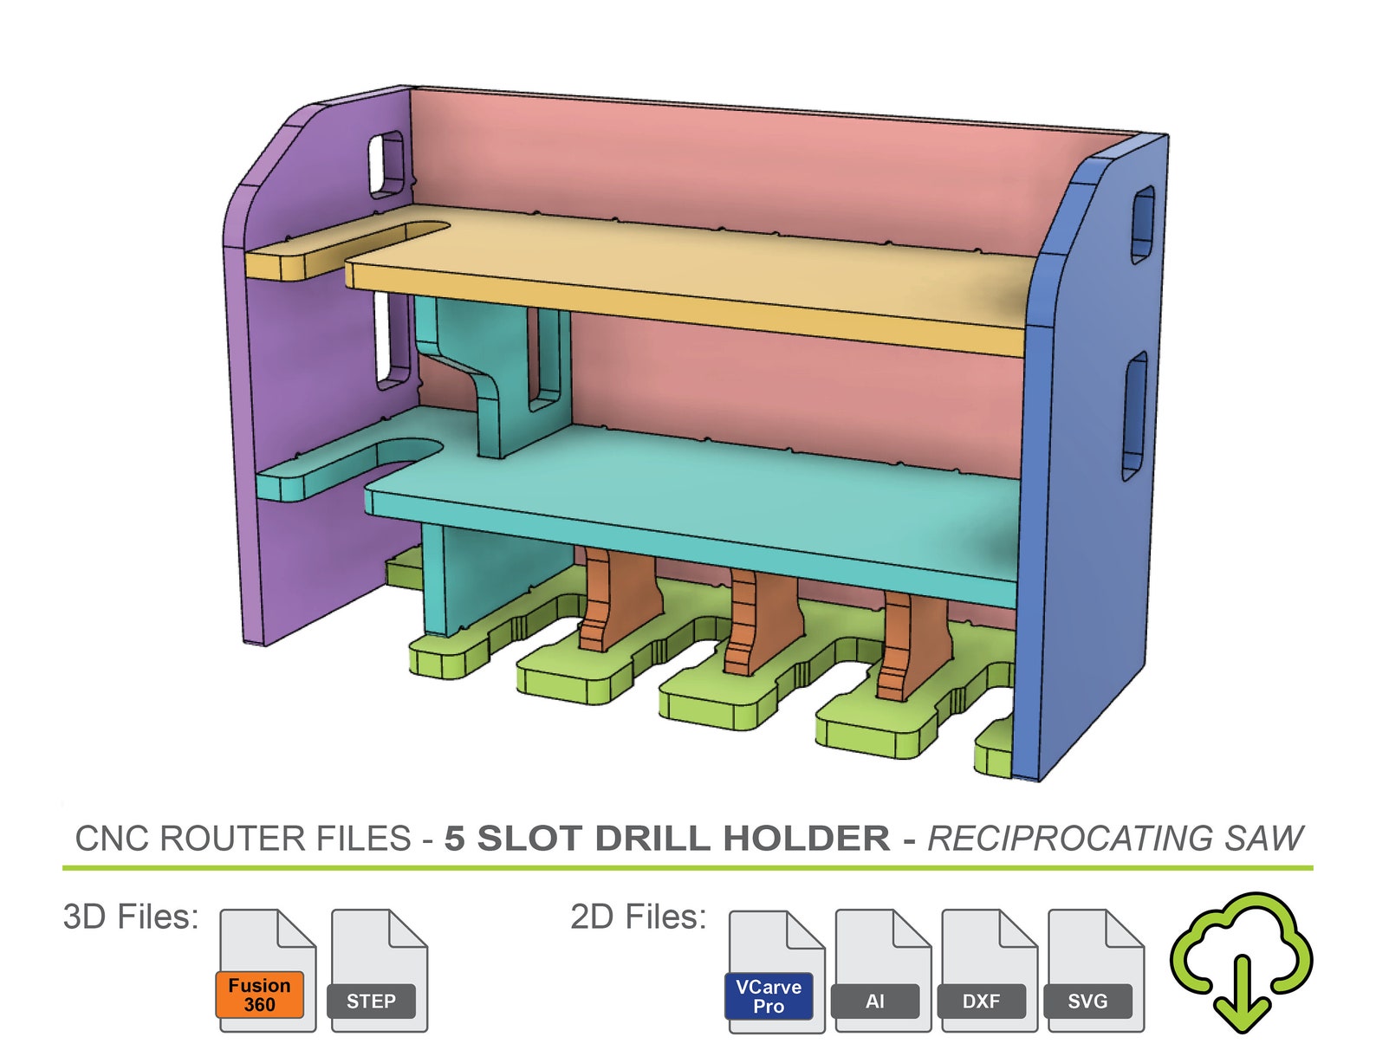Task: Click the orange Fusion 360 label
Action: pos(259,995)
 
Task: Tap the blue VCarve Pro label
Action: pos(768,996)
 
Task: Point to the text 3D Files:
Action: pos(131,917)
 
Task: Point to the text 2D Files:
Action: pos(638,917)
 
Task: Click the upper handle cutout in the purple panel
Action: pos(386,163)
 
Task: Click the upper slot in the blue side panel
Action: pos(1142,224)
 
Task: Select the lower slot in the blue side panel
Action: pos(1134,416)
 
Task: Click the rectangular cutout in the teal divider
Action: pos(545,359)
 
